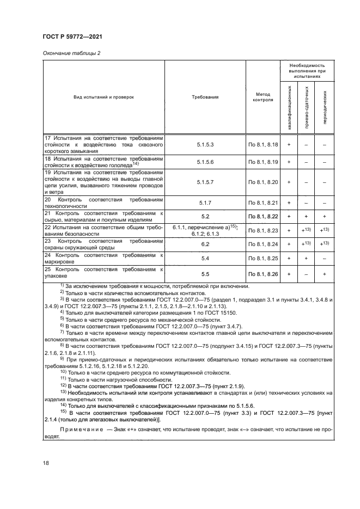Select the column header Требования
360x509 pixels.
coord(205,97)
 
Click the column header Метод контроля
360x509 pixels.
coord(263,97)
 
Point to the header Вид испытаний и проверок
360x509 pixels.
coord(103,97)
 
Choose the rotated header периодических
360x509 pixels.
coord(325,109)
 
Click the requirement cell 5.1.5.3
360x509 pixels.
coord(205,145)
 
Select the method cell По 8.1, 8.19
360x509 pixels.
coord(263,162)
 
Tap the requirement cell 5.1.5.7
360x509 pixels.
coord(205,181)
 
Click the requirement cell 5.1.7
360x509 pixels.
coord(205,203)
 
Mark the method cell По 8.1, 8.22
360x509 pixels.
coord(263,217)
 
